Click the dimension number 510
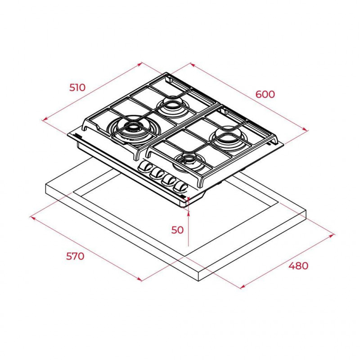(77, 87)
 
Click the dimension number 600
(265, 94)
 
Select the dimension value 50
(177, 230)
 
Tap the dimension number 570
(75, 256)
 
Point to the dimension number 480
(298, 265)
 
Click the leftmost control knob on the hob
(144, 166)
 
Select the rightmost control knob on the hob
(181, 186)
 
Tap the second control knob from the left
(156, 173)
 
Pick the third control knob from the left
(169, 179)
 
